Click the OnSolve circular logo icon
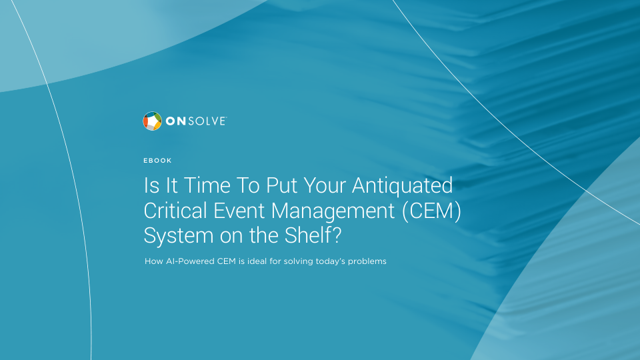tap(152, 121)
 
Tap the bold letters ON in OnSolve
tap(176, 121)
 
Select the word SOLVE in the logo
tap(207, 121)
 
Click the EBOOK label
tap(157, 161)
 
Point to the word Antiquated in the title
tap(403, 185)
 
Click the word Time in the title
tap(207, 185)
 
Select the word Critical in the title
tap(175, 211)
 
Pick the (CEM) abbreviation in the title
tap(432, 211)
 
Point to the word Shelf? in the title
tap(313, 235)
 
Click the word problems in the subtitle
tap(367, 261)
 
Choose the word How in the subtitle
tap(154, 261)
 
